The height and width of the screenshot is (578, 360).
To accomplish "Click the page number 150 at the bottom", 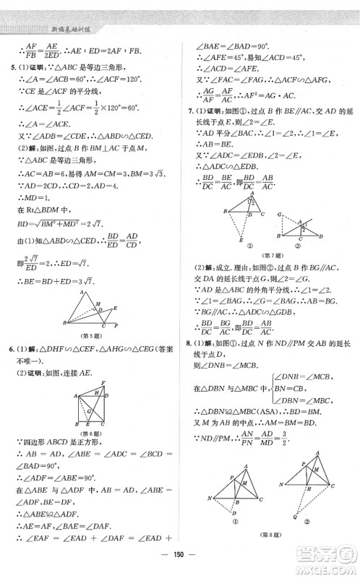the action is (180, 564).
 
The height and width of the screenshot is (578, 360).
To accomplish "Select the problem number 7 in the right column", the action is (189, 113).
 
